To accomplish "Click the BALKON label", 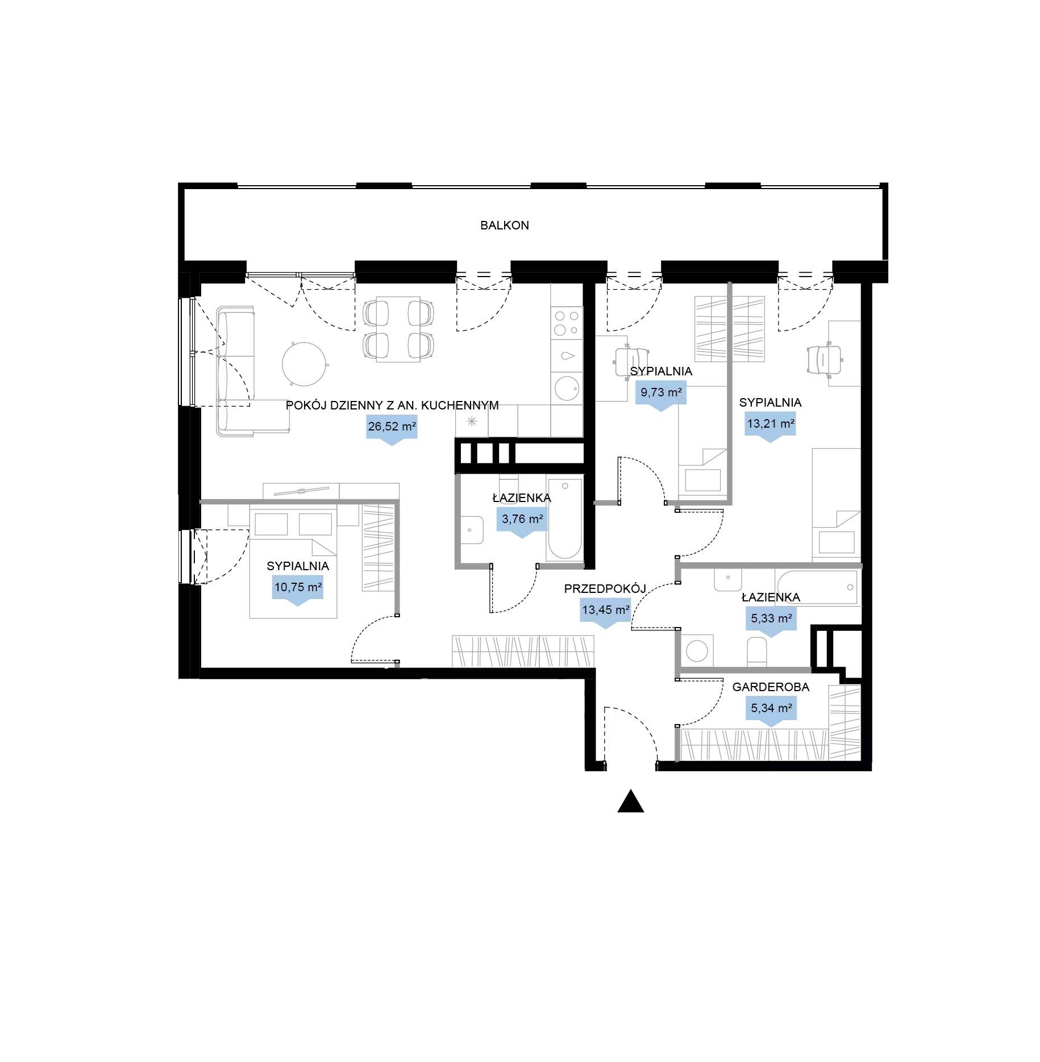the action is (505, 225).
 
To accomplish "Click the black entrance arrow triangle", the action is (631, 802).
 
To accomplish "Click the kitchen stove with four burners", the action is (567, 323).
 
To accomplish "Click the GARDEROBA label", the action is (771, 687).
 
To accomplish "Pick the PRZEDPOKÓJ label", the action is (605, 589).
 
